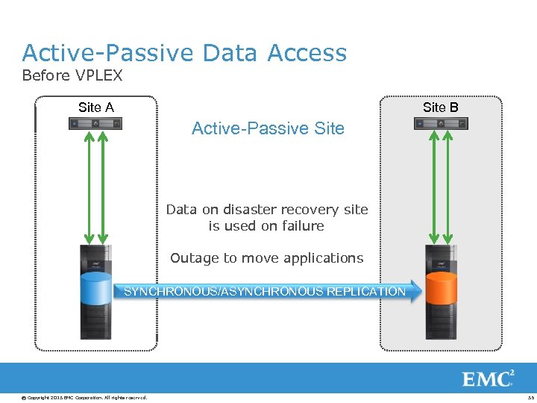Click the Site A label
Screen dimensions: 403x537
pyautogui.click(x=96, y=107)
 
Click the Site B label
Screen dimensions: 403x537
pyautogui.click(x=440, y=107)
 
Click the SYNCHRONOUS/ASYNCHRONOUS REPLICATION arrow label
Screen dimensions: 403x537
pyautogui.click(x=265, y=291)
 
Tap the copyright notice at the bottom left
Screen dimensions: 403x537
pyautogui.click(x=84, y=397)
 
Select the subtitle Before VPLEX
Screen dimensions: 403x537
pyautogui.click(x=72, y=75)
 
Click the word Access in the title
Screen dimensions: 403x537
pyautogui.click(x=307, y=53)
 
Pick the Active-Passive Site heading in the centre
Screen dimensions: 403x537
pyautogui.click(x=268, y=128)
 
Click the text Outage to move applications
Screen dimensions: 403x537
pyautogui.click(x=266, y=258)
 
